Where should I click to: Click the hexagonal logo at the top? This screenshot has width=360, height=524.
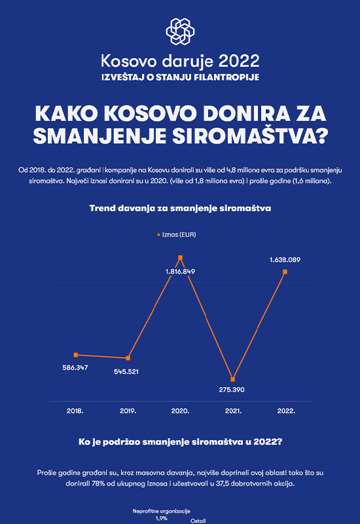pyautogui.click(x=181, y=31)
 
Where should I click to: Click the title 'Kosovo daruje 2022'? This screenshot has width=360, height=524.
pyautogui.click(x=180, y=61)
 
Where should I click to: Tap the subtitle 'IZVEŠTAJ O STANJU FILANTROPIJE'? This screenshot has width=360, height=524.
pyautogui.click(x=181, y=77)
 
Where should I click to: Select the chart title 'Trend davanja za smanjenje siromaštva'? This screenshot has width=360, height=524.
pyautogui.click(x=181, y=208)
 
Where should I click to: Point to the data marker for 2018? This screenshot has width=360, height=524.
pyautogui.click(x=76, y=355)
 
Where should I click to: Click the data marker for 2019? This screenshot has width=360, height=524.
pyautogui.click(x=128, y=358)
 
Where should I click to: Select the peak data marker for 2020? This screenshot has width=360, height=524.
pyautogui.click(x=181, y=257)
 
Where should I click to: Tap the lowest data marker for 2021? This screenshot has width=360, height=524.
pyautogui.click(x=233, y=379)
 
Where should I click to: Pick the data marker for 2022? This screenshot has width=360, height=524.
pyautogui.click(x=285, y=272)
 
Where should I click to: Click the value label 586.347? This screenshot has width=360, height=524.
pyautogui.click(x=75, y=367)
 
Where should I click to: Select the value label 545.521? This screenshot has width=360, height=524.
pyautogui.click(x=126, y=371)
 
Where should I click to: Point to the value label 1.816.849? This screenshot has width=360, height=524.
pyautogui.click(x=181, y=271)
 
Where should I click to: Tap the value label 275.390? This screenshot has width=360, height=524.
pyautogui.click(x=232, y=390)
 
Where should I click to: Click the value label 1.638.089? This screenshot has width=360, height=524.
pyautogui.click(x=285, y=259)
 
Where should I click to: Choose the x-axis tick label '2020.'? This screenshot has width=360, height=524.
pyautogui.click(x=181, y=411)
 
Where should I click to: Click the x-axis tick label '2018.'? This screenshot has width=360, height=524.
pyautogui.click(x=75, y=411)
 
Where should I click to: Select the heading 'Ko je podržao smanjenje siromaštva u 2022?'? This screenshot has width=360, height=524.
pyautogui.click(x=181, y=441)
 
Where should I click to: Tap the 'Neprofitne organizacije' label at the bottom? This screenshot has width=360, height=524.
pyautogui.click(x=161, y=512)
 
